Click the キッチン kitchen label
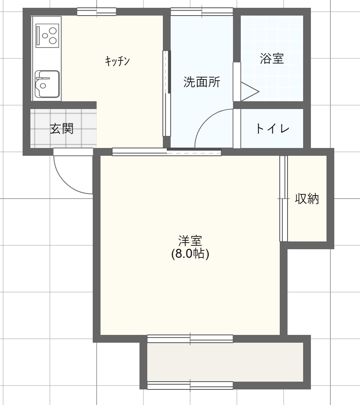click(117, 61)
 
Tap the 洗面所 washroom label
click(202, 82)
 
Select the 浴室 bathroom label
click(272, 59)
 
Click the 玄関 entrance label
click(62, 129)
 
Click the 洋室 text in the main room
click(190, 240)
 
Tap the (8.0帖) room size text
click(190, 254)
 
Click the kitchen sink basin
click(47, 84)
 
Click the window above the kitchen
click(96, 12)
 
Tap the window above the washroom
click(202, 12)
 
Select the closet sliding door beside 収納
click(283, 199)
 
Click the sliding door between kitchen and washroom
click(167, 93)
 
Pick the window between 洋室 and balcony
click(190, 339)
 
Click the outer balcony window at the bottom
click(190, 386)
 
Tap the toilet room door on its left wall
click(236, 129)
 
